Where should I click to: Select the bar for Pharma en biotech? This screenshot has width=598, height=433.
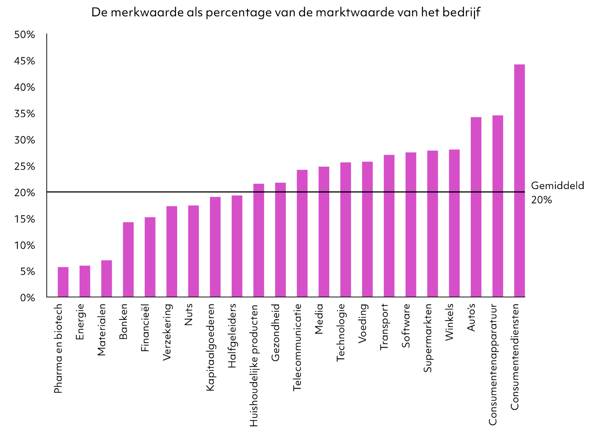pos(63,282)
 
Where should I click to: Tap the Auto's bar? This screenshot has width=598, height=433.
pos(476,207)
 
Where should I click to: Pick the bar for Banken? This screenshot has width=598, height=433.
pos(128,259)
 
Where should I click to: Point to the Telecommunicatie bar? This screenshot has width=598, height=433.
pos(302,233)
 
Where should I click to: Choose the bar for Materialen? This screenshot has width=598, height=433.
pos(107,278)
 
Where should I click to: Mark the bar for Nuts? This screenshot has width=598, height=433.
pos(193,251)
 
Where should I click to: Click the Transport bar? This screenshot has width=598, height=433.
pos(389,226)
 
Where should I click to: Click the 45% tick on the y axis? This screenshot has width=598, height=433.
pos(25,61)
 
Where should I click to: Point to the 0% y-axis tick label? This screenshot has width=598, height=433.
pos(27,298)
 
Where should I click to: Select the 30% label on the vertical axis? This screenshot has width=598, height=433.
pos(25,140)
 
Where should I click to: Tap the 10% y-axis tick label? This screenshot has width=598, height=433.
pos(25,245)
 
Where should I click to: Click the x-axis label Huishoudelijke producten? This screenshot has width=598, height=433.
pos(254,365)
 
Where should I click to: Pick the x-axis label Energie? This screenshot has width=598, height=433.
pos(80,322)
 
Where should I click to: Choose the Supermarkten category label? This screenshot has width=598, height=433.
pos(428,338)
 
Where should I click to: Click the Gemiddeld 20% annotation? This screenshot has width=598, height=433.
pos(557,192)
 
